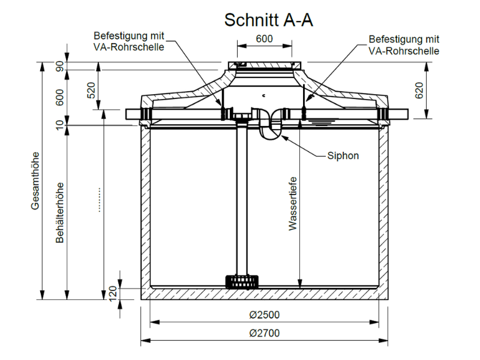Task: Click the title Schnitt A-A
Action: click(268, 20)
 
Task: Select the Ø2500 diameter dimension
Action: click(264, 314)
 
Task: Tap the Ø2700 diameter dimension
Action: click(264, 333)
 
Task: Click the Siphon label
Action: click(343, 155)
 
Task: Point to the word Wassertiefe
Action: click(293, 203)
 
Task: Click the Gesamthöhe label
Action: click(35, 181)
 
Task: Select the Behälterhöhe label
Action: click(59, 213)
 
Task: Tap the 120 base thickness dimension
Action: click(113, 293)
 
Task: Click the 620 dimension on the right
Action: click(419, 91)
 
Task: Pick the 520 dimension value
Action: click(92, 91)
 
